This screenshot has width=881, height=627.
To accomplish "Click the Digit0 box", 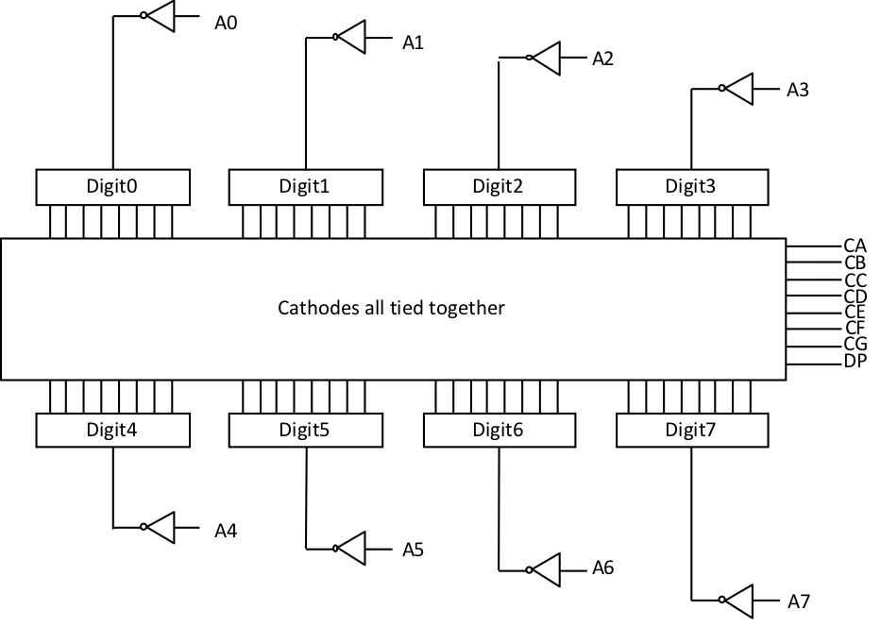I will pos(112,186).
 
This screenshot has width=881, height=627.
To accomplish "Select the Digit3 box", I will pos(691,186).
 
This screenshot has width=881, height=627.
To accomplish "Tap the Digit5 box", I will pos(305,431).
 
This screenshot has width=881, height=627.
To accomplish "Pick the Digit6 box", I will pos(498,431).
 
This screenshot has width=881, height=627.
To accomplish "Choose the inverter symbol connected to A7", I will pos(738,599).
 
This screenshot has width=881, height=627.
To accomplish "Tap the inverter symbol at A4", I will pos(161,527).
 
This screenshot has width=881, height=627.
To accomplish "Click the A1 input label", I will pos(414,42).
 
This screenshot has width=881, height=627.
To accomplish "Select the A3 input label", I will pos(798,90).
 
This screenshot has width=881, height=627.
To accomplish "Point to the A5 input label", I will pos(414,549).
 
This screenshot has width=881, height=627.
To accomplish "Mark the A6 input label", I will pos(603,568).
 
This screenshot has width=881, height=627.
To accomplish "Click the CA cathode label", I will pos(855,246).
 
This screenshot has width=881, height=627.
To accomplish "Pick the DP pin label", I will pos(855,362).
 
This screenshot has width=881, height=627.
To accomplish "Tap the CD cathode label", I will pos(855,296).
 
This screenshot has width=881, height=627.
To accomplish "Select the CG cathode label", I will pos(855,345).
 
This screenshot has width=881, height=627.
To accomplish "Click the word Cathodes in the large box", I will pos(313,308).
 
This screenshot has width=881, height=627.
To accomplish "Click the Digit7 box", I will pos(691,431).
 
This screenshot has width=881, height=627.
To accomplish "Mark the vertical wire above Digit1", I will pos(306,104).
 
